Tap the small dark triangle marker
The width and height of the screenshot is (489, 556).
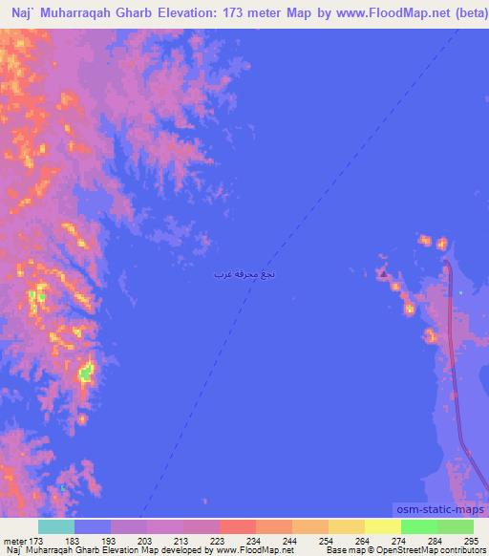click(384, 274)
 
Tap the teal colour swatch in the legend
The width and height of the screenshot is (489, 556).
click(56, 526)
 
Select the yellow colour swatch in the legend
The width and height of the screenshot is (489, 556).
click(383, 526)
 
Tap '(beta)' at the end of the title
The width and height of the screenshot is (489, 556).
click(468, 12)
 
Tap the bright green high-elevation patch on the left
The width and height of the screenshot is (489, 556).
click(86, 373)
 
